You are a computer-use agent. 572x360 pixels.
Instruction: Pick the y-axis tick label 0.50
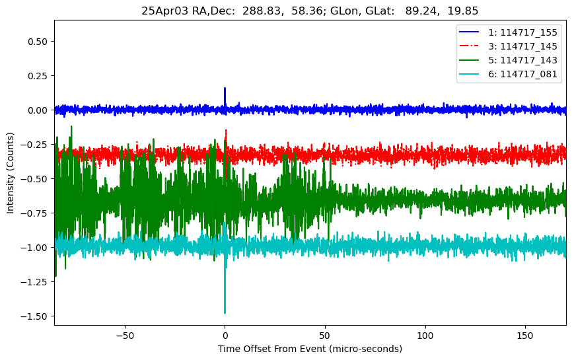[39, 41]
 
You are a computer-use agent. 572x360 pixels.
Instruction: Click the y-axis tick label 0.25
[39, 75]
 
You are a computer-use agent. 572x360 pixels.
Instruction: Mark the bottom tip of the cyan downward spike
[225, 313]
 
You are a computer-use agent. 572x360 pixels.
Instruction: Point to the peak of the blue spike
[225, 88]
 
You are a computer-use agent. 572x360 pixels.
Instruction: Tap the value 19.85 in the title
[464, 11]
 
